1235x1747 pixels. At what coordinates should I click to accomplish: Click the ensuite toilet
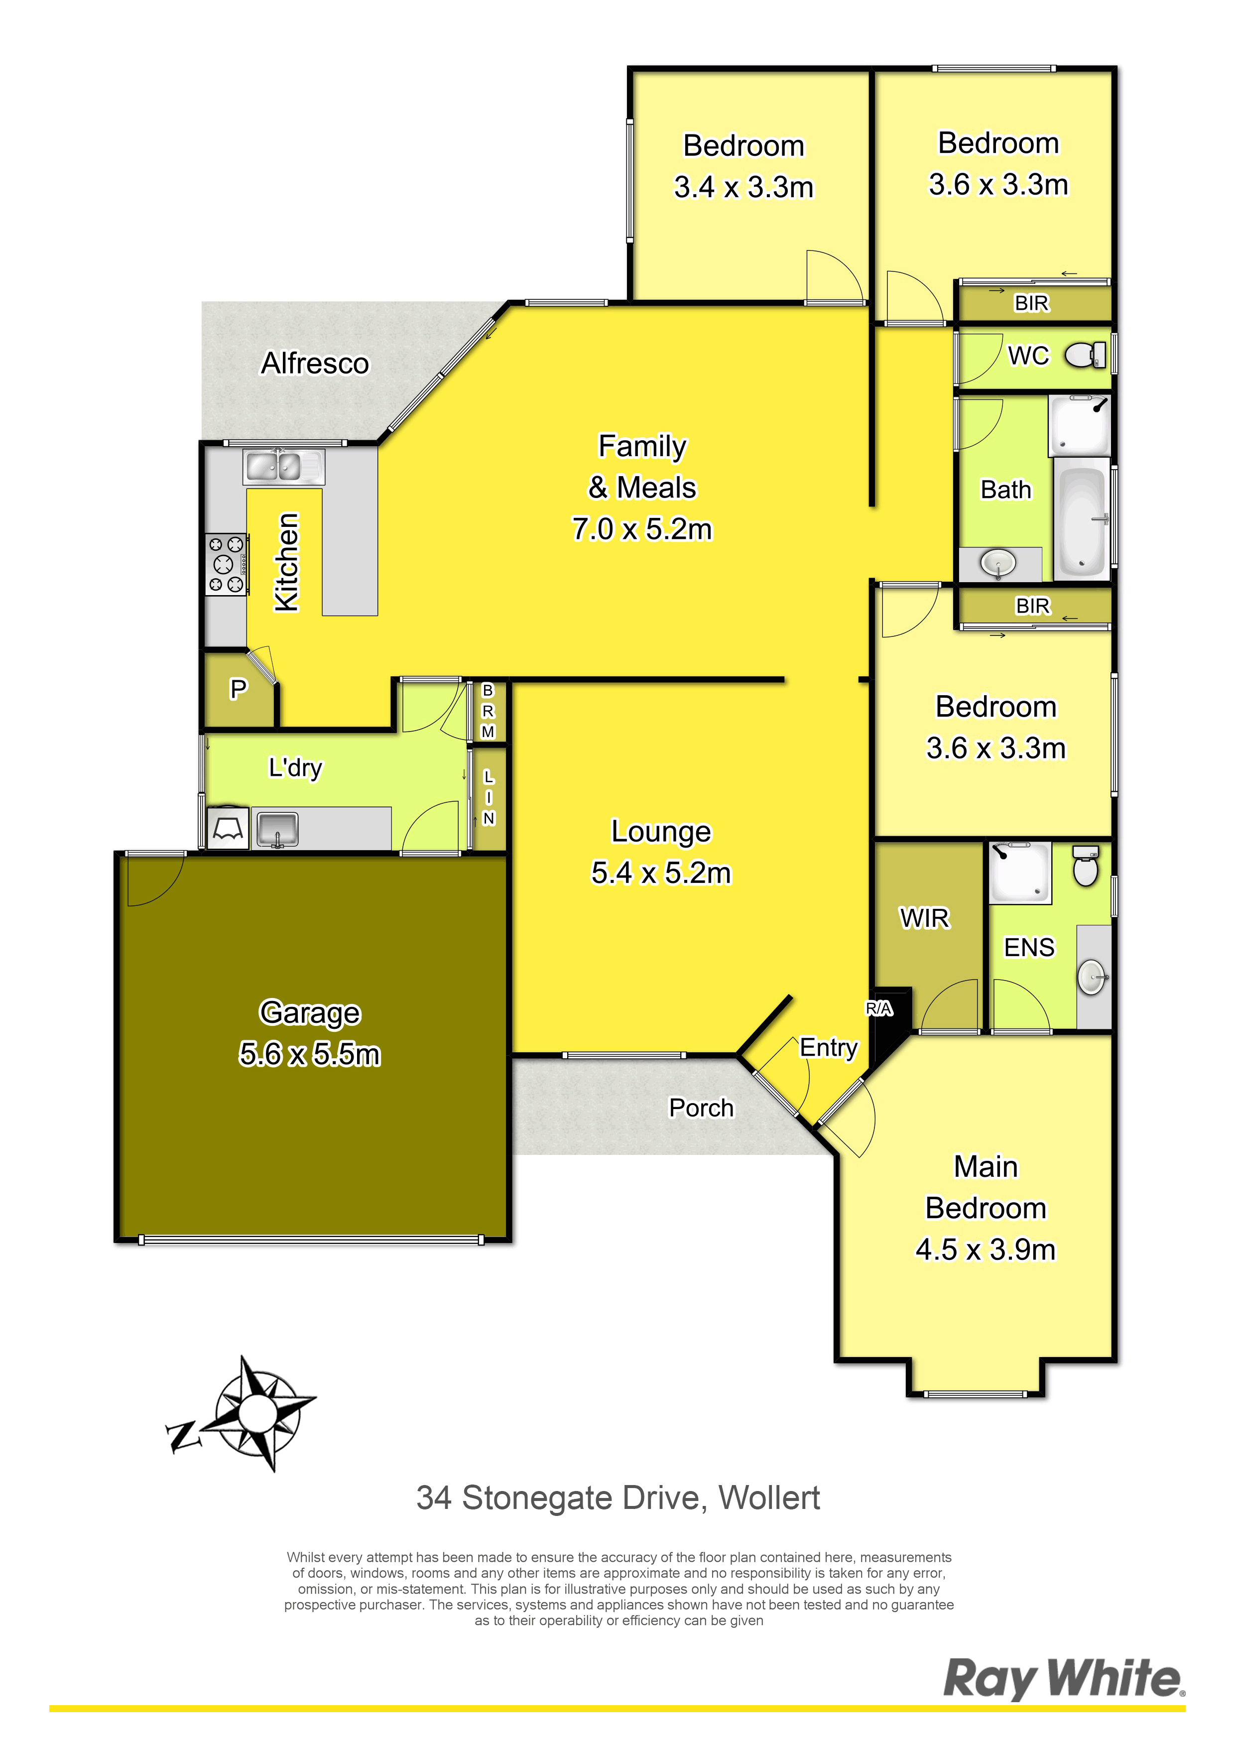1086,865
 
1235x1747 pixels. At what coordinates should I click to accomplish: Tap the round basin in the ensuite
1092,977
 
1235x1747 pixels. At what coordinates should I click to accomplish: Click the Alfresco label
315,364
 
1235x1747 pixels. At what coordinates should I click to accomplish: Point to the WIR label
925,918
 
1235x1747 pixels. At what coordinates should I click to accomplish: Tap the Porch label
701,1108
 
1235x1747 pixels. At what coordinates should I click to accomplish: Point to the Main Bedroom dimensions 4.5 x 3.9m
986,1249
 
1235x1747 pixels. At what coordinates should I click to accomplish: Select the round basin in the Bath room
997,563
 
